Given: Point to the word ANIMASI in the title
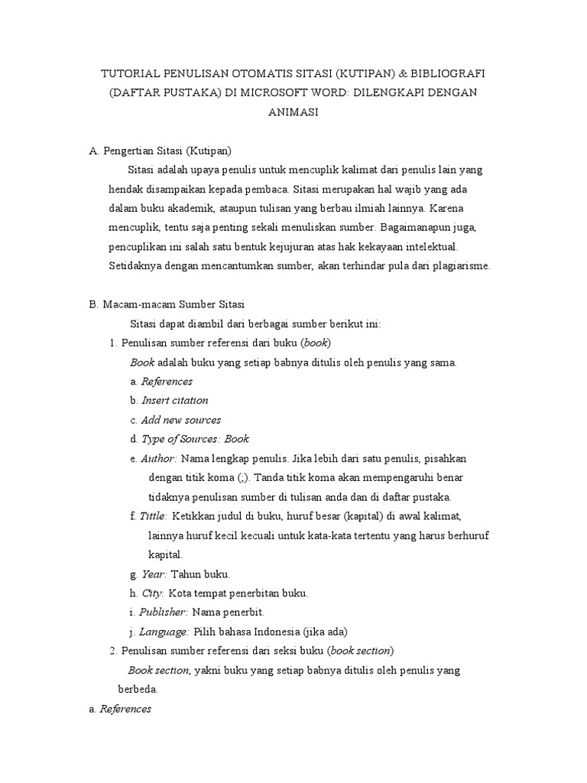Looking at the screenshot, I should point(293,112).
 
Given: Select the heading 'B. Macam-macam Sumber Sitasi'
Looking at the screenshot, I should point(167,304).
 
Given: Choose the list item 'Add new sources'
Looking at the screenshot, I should point(181,420).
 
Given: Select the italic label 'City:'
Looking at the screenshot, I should point(153,593).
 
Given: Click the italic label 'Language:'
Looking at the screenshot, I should point(164,632).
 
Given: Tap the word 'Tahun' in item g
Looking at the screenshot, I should point(186,573).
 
